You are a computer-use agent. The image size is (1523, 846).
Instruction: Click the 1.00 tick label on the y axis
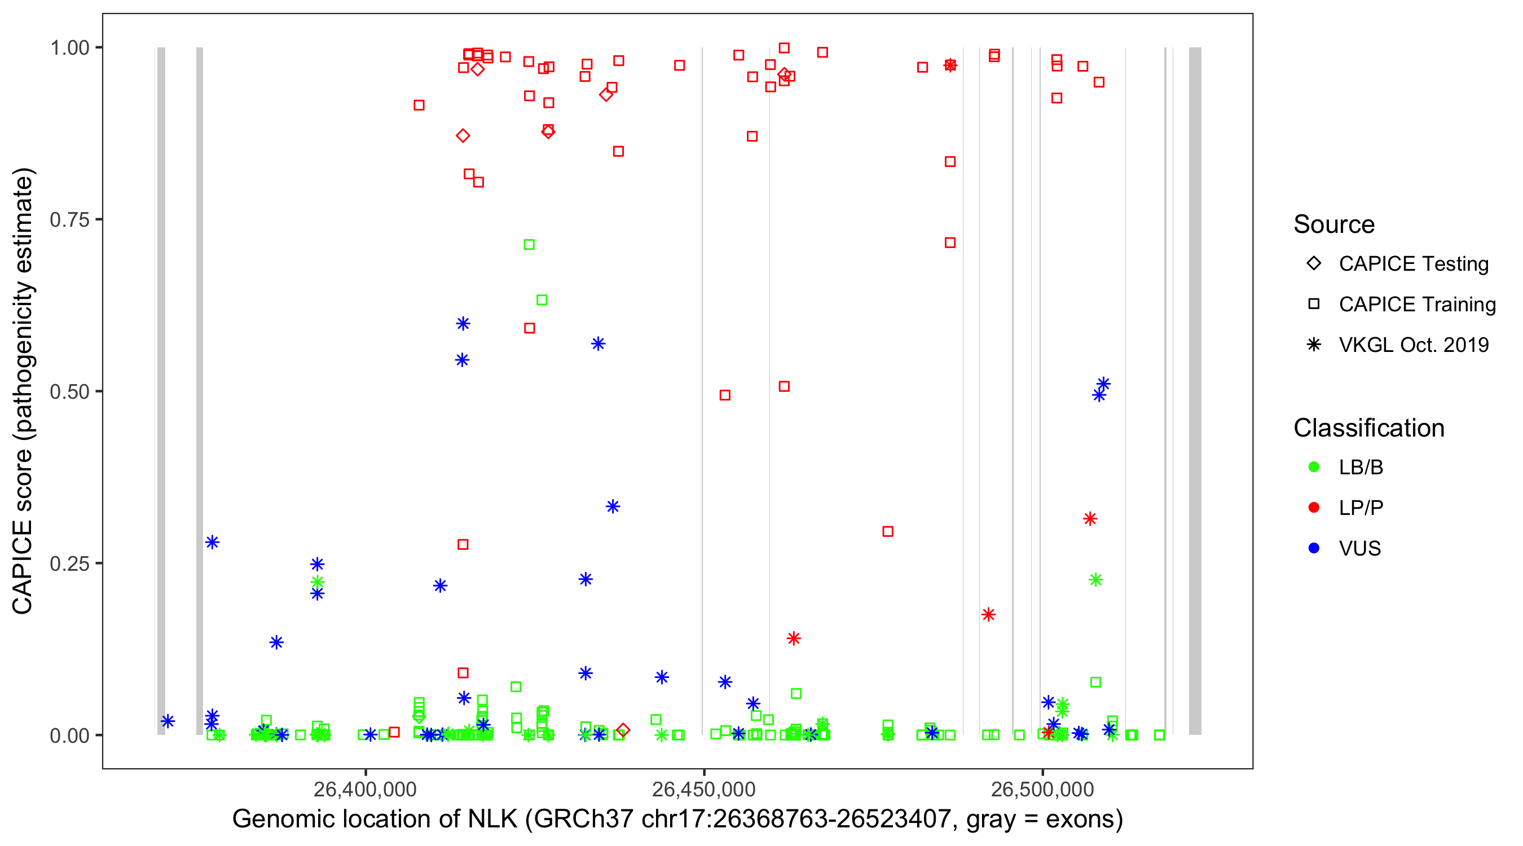[69, 48]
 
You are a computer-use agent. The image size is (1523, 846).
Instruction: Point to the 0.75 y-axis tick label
[69, 220]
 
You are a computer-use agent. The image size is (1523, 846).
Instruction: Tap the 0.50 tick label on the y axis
[69, 392]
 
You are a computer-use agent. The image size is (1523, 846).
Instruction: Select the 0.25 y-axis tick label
[69, 563]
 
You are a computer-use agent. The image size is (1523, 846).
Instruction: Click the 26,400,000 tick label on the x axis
[365, 789]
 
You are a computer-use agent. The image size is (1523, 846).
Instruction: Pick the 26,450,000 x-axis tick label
[703, 789]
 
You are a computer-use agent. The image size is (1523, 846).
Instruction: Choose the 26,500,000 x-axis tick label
[1042, 789]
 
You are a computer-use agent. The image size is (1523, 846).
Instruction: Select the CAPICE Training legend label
[1417, 305]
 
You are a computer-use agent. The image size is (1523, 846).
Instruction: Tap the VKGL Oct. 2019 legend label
[1414, 345]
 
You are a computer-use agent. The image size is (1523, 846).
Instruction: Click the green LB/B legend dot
[1314, 468]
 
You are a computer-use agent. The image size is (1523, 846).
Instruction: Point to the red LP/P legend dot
[1314, 508]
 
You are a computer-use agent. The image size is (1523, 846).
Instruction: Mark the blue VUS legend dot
[1314, 549]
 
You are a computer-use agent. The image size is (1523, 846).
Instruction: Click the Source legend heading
[1334, 224]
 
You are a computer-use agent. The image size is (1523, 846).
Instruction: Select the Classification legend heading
[1368, 428]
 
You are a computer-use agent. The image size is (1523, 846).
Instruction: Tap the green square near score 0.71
[529, 245]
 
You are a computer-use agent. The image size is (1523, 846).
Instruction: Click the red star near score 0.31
[1090, 519]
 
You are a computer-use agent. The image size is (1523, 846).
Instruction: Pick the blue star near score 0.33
[613, 506]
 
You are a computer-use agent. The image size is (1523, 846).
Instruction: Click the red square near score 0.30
[887, 531]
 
